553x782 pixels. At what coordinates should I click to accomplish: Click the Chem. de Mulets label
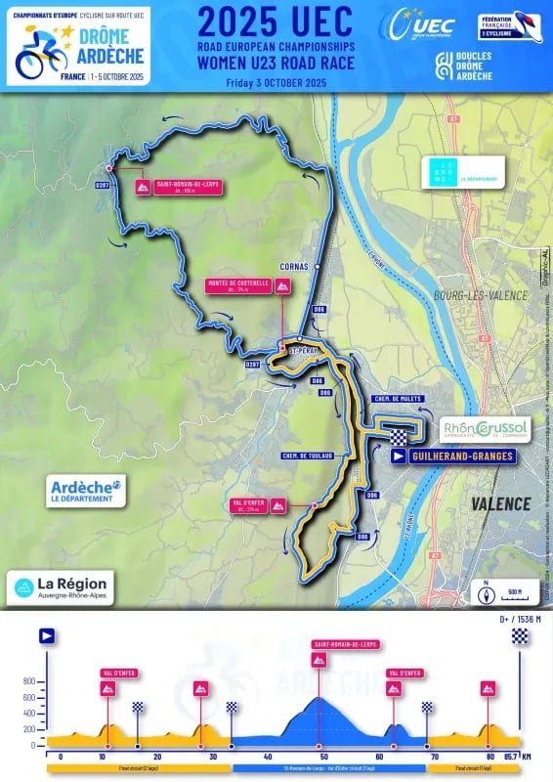[x=396, y=399]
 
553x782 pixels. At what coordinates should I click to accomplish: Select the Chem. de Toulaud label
[x=308, y=456]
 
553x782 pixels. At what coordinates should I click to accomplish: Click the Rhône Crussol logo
[x=486, y=428]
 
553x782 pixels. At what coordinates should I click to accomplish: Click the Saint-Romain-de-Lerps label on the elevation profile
[x=346, y=645]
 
